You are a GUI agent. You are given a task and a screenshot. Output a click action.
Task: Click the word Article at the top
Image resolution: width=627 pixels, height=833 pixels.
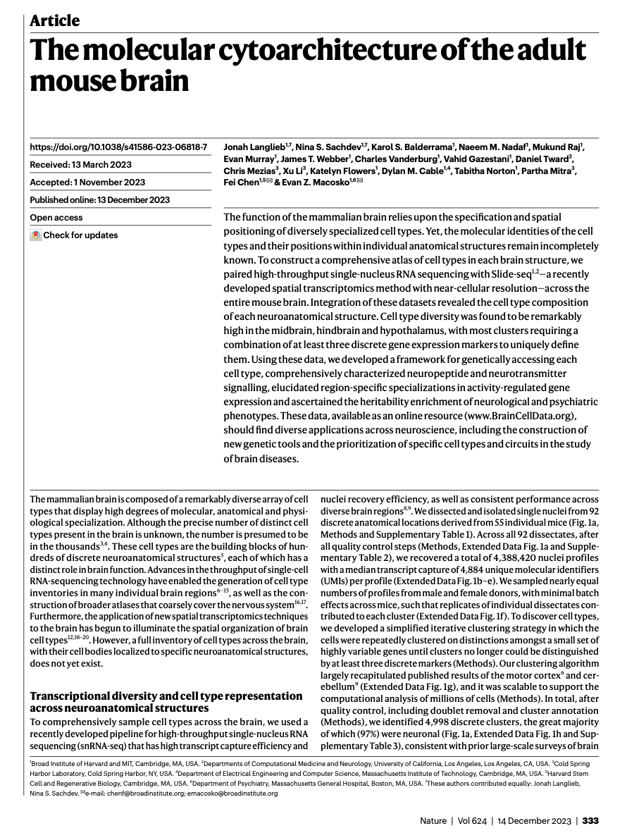[x=54, y=20]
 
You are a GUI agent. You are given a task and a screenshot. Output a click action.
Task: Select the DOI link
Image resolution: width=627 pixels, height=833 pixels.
[x=118, y=147]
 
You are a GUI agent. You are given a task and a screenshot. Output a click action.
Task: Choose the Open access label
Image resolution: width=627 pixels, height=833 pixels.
[x=56, y=218]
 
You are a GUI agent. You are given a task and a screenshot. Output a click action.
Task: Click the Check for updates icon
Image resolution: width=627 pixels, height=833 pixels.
[x=35, y=235]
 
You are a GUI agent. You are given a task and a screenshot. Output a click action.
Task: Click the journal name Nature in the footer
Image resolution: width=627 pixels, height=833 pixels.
[x=433, y=820]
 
